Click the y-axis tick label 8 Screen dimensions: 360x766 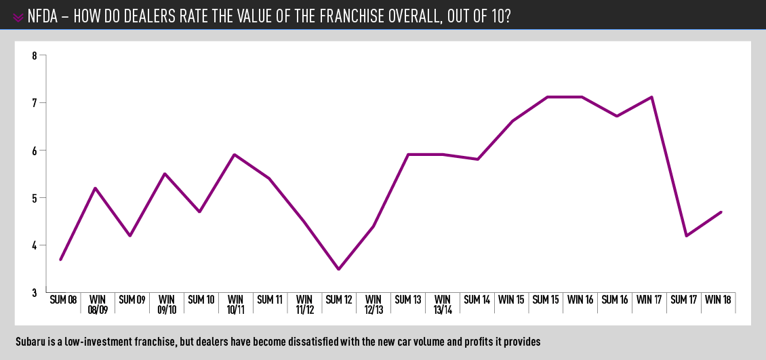click(x=35, y=56)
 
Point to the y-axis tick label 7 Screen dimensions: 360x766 click(x=35, y=103)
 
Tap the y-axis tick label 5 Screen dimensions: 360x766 click(x=35, y=198)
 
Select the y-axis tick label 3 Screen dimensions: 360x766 click(x=35, y=292)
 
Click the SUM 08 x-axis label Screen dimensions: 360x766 click(x=62, y=300)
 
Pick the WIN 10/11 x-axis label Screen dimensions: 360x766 click(x=235, y=304)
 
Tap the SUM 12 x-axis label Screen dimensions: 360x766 click(x=339, y=300)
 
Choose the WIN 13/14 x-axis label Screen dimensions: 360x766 click(x=443, y=304)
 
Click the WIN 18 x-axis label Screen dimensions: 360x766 click(x=719, y=300)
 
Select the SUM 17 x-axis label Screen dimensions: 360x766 click(x=685, y=300)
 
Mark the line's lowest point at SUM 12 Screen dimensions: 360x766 click(x=338, y=269)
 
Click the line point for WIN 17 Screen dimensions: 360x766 click(x=651, y=97)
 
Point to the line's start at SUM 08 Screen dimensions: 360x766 click(x=61, y=260)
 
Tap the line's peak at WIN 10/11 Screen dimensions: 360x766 click(x=235, y=155)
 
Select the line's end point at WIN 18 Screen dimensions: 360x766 click(x=721, y=212)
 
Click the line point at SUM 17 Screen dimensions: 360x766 click(x=687, y=236)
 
